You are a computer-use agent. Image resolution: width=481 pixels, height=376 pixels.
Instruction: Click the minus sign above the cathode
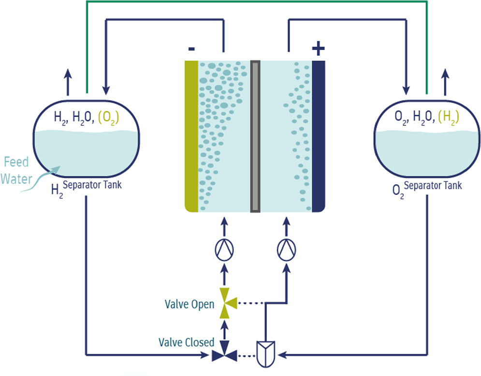[191, 49]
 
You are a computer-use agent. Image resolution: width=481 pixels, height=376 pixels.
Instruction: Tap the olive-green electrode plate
[191, 135]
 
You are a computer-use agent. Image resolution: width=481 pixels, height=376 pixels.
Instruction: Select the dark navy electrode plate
[318, 135]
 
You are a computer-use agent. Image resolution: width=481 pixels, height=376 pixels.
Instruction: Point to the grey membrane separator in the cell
[255, 135]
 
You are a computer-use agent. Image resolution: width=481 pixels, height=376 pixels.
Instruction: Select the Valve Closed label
[186, 342]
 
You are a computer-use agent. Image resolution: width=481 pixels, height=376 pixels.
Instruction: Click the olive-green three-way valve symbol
[225, 303]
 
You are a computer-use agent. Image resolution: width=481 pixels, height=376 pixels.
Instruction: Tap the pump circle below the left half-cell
[224, 249]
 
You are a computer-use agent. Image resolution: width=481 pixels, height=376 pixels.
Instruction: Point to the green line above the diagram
[256, 2]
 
